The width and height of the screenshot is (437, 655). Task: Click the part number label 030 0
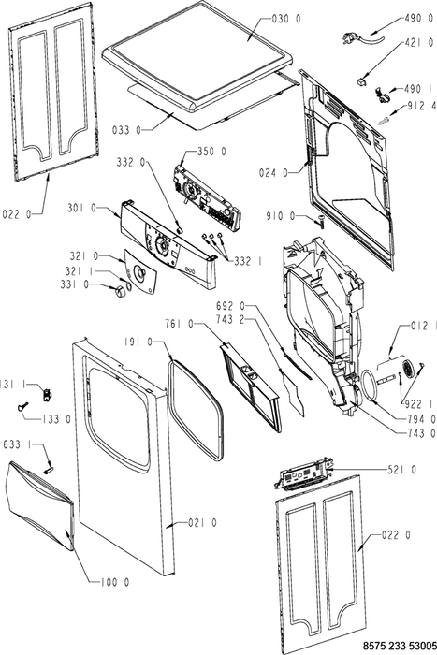[286, 19]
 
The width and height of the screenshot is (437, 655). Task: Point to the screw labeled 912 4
[384, 121]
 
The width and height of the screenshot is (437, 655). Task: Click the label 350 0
[211, 152]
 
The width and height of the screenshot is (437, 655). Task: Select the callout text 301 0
[82, 208]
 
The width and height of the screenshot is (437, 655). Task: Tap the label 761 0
[180, 324]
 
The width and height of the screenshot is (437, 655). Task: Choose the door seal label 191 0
[138, 342]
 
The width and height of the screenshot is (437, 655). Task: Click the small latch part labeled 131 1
[47, 394]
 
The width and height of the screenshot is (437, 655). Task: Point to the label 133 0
[56, 419]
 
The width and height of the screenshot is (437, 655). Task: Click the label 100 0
[115, 582]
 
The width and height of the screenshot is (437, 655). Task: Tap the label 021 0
[203, 522]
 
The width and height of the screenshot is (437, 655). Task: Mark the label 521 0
[401, 470]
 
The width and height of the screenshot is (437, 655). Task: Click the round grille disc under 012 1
[408, 368]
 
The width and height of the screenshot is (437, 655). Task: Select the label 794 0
[421, 418]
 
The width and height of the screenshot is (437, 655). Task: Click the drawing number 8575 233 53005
[400, 646]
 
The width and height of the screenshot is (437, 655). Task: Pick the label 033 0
[126, 130]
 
